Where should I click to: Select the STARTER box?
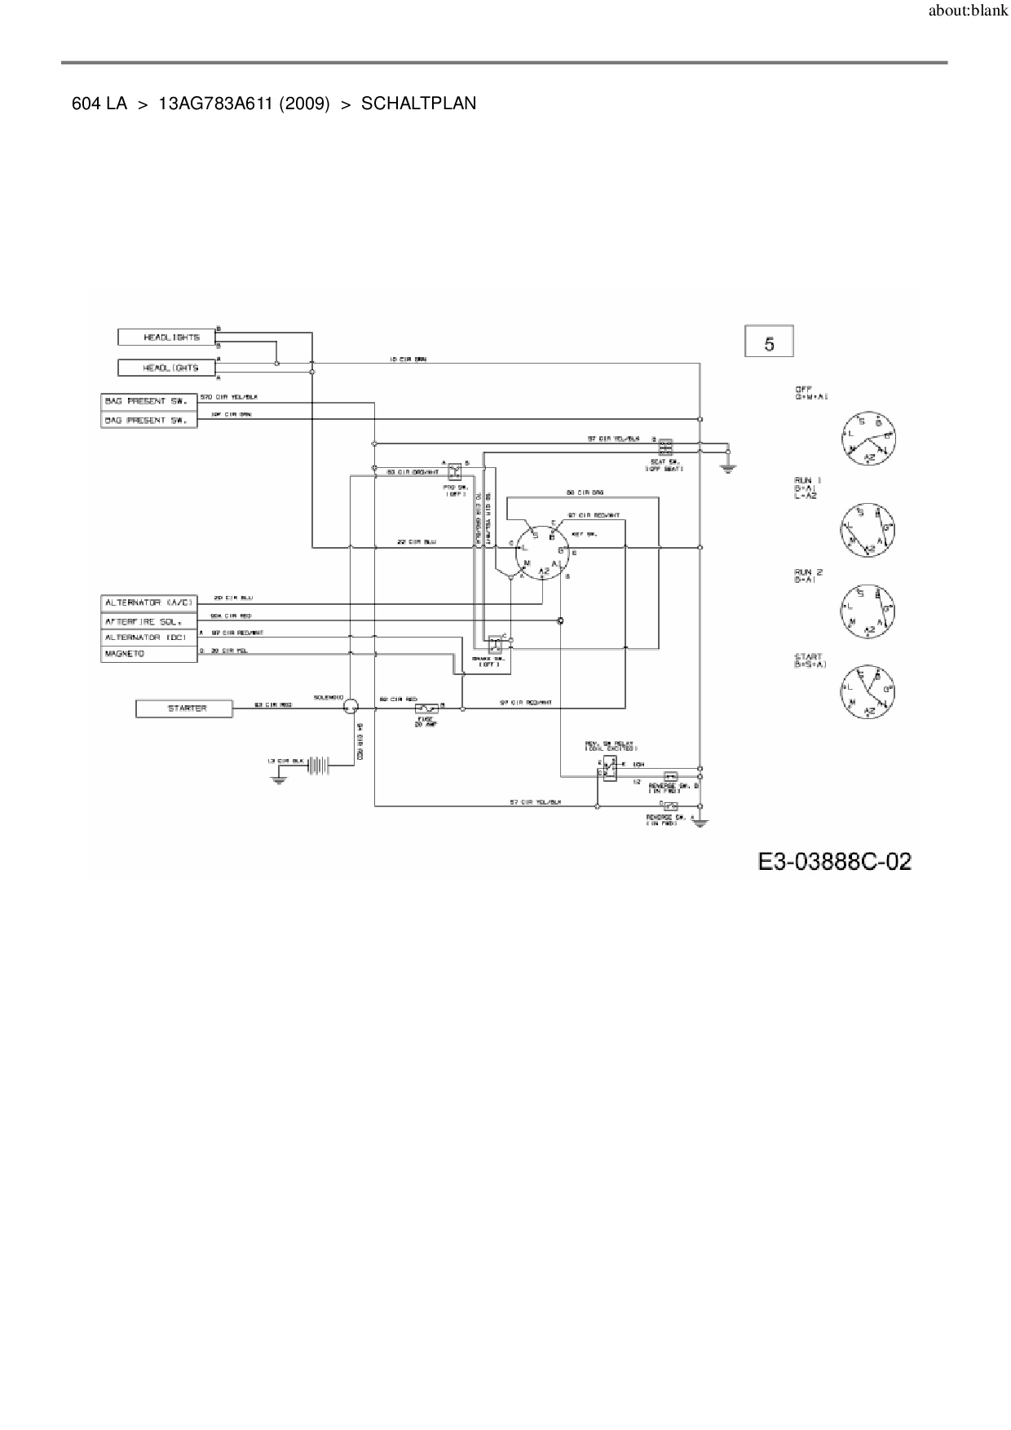click(x=184, y=708)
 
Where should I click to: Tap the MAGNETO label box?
click(x=149, y=654)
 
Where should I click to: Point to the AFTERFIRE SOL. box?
click(x=149, y=621)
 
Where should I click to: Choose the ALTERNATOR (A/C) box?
click(x=149, y=602)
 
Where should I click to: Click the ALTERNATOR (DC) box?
click(x=149, y=638)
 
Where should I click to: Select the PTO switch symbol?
click(x=455, y=470)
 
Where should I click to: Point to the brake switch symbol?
click(x=494, y=642)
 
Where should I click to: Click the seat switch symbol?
click(x=665, y=448)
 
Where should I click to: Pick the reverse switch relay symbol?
click(x=609, y=768)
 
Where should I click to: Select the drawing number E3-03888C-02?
click(x=834, y=861)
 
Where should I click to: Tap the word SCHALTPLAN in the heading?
click(x=418, y=104)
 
